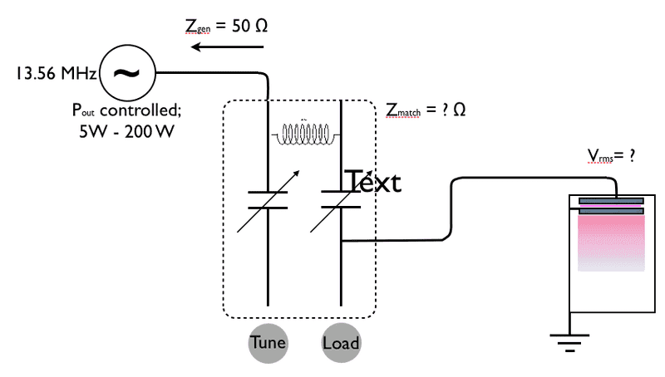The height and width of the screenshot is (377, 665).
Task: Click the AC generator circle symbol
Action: (126, 73)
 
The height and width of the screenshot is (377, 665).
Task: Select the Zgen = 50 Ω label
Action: (226, 26)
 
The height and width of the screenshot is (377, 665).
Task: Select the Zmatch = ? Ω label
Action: (425, 110)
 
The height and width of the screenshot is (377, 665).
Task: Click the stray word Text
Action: (372, 181)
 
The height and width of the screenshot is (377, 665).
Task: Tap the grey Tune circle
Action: (268, 343)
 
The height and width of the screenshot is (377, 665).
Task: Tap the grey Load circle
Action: (342, 343)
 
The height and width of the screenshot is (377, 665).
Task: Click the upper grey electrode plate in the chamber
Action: (612, 200)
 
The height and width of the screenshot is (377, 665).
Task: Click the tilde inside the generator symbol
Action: (126, 73)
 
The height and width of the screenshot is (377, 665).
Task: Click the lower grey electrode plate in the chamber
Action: (612, 211)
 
